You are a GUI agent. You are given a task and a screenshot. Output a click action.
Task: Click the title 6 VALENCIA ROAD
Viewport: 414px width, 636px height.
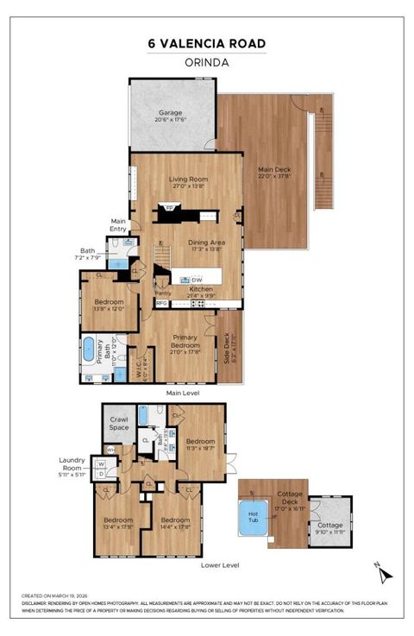pos(206,44)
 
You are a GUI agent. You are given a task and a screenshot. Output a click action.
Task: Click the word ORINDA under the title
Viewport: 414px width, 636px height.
pos(206,62)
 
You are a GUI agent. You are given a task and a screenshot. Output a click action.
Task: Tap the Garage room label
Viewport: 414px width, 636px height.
pos(171,116)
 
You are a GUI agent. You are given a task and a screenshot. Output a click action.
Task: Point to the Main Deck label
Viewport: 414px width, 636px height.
pos(272,173)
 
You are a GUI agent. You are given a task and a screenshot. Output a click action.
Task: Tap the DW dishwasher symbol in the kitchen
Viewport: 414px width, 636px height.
pos(198,280)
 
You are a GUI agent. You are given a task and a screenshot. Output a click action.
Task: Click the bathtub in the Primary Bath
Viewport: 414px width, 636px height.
pos(89,350)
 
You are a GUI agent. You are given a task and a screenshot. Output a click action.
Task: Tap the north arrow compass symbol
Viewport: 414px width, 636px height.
pos(386,572)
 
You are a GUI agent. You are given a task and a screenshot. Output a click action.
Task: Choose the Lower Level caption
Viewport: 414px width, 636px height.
pos(219,564)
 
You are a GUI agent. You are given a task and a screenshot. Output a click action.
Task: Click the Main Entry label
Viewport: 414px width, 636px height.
pos(117,224)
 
